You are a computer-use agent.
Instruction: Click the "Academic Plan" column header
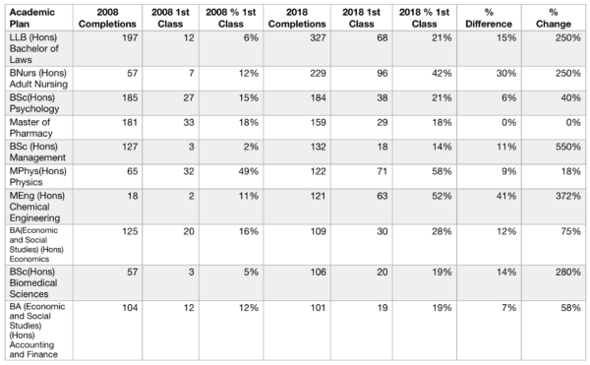pos(32,18)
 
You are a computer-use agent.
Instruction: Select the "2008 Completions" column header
pos(107,18)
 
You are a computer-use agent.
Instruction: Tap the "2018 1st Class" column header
pos(361,18)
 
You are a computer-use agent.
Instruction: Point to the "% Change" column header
pos(553,18)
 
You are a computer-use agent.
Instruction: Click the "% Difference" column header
pos(489,18)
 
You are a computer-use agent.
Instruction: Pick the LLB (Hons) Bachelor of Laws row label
pos(33,48)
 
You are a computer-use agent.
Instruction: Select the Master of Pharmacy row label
pos(30,128)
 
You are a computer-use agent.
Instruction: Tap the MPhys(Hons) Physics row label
pos(37,176)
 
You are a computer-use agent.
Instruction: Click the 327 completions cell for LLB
pos(318,37)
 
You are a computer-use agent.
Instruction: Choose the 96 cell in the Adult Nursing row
pos(383,73)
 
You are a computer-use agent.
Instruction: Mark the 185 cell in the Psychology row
pos(130,97)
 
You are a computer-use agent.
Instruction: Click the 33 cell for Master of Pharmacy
pos(189,122)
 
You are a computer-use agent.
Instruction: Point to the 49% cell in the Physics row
pos(249,171)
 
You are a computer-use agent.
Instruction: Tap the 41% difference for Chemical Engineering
pos(506,196)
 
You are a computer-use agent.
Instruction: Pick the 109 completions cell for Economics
pos(318,231)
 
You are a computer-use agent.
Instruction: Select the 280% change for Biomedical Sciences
pos(568,272)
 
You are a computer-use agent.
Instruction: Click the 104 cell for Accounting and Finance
pos(130,307)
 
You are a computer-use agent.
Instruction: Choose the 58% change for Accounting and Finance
pos(570,307)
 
